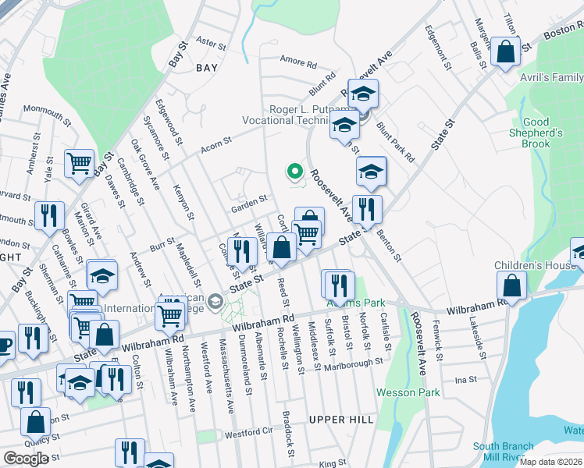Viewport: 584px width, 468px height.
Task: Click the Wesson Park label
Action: tap(408, 392)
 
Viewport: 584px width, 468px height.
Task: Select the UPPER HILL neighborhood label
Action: tap(340, 420)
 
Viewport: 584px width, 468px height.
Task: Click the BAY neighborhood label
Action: tap(207, 68)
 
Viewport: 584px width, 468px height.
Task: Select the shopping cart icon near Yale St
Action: tap(79, 164)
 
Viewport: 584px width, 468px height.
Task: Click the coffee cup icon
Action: tap(4, 344)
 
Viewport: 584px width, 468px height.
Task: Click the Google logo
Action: tap(25, 459)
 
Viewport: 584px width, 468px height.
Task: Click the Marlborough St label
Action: tap(355, 362)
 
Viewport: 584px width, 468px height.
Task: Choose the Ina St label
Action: tap(466, 379)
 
